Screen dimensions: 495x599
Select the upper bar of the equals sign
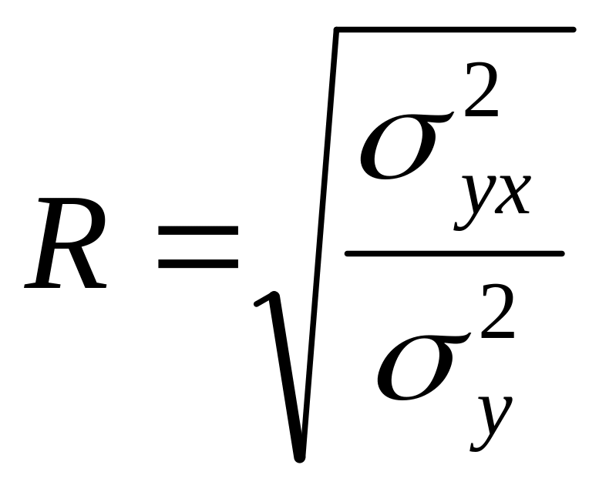click(198, 229)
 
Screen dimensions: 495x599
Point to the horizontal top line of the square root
click(455, 30)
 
